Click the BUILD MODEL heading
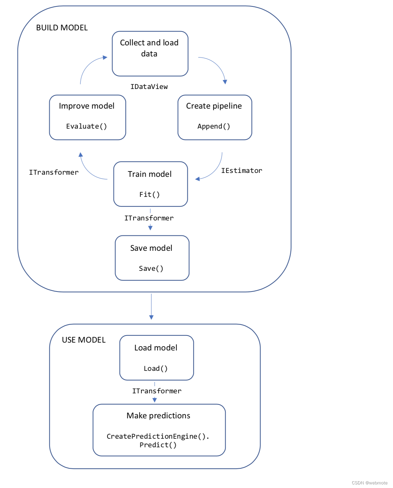62,28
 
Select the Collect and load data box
150,54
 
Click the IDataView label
149,86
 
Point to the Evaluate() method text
86,126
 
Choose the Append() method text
214,126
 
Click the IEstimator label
242,170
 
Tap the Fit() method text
149,194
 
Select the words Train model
149,174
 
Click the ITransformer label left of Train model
54,172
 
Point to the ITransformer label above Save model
149,218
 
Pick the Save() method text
151,268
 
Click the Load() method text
155,368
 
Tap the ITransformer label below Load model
157,391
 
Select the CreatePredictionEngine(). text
158,436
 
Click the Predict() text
158,445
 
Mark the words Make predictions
158,415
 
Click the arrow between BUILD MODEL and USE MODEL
151,307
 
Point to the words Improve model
86,106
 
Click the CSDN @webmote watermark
369,483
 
